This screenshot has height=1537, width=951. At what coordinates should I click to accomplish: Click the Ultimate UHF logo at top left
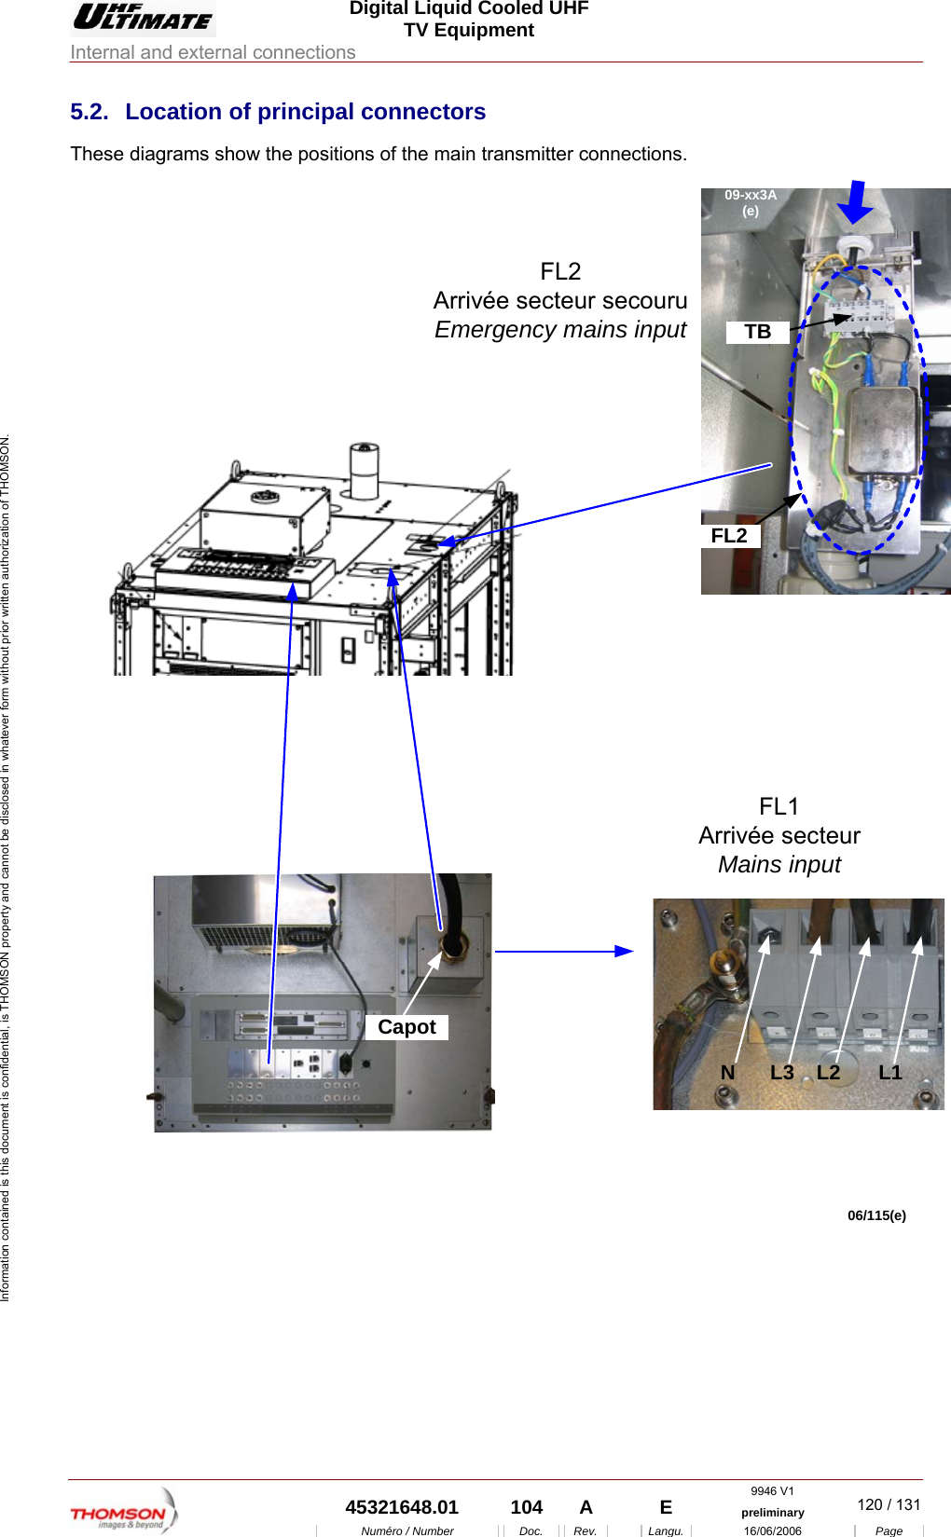144,18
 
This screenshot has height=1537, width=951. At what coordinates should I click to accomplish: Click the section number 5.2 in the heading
89,112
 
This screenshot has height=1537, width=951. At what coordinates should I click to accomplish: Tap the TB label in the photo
757,332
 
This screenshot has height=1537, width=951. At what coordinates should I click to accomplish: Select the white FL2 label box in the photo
729,536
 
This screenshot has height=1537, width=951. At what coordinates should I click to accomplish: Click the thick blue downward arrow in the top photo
853,202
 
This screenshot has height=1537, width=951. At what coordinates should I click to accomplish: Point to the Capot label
407,1027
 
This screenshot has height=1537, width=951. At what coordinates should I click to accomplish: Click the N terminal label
727,1073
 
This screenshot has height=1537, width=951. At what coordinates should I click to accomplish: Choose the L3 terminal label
781,1073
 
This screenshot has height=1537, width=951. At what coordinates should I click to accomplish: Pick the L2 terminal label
828,1073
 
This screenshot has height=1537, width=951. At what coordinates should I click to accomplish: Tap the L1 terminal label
889,1073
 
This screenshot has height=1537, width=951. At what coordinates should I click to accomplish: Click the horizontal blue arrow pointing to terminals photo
564,952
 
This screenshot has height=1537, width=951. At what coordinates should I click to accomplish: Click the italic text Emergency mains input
560,330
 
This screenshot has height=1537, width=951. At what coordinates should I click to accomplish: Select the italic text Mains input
779,865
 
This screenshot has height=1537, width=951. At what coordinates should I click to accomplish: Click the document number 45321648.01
402,1507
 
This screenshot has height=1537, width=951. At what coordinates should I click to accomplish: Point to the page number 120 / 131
888,1504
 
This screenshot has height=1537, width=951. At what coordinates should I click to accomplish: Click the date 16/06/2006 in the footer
772,1530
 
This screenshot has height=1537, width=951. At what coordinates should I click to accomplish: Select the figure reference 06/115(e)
875,1215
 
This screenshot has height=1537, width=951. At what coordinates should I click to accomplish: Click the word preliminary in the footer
772,1513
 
